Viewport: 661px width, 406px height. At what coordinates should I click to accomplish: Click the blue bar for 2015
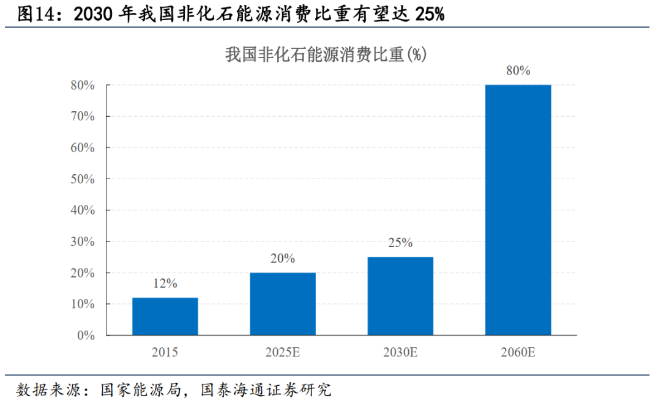click(165, 316)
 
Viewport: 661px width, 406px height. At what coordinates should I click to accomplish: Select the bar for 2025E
click(283, 304)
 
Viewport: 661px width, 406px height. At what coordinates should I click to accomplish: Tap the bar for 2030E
click(400, 296)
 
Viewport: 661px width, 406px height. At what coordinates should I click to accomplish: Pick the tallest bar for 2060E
click(518, 210)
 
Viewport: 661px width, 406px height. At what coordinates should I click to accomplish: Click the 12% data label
click(165, 283)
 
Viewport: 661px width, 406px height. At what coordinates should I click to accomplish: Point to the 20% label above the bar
click(283, 258)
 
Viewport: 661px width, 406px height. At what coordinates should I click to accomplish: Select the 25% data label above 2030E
click(400, 243)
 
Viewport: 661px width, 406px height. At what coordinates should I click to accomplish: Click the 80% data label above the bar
click(518, 70)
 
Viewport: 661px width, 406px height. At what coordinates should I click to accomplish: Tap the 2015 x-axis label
click(165, 353)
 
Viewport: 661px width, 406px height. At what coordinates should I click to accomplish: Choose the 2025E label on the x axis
click(283, 353)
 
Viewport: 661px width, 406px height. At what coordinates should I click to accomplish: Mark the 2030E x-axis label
click(400, 353)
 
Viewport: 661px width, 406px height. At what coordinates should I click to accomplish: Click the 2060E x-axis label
click(518, 353)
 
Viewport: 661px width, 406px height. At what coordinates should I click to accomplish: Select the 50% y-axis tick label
click(83, 179)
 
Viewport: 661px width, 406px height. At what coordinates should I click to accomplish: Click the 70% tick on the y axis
click(83, 116)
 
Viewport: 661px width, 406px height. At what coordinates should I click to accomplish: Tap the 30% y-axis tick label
click(83, 242)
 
